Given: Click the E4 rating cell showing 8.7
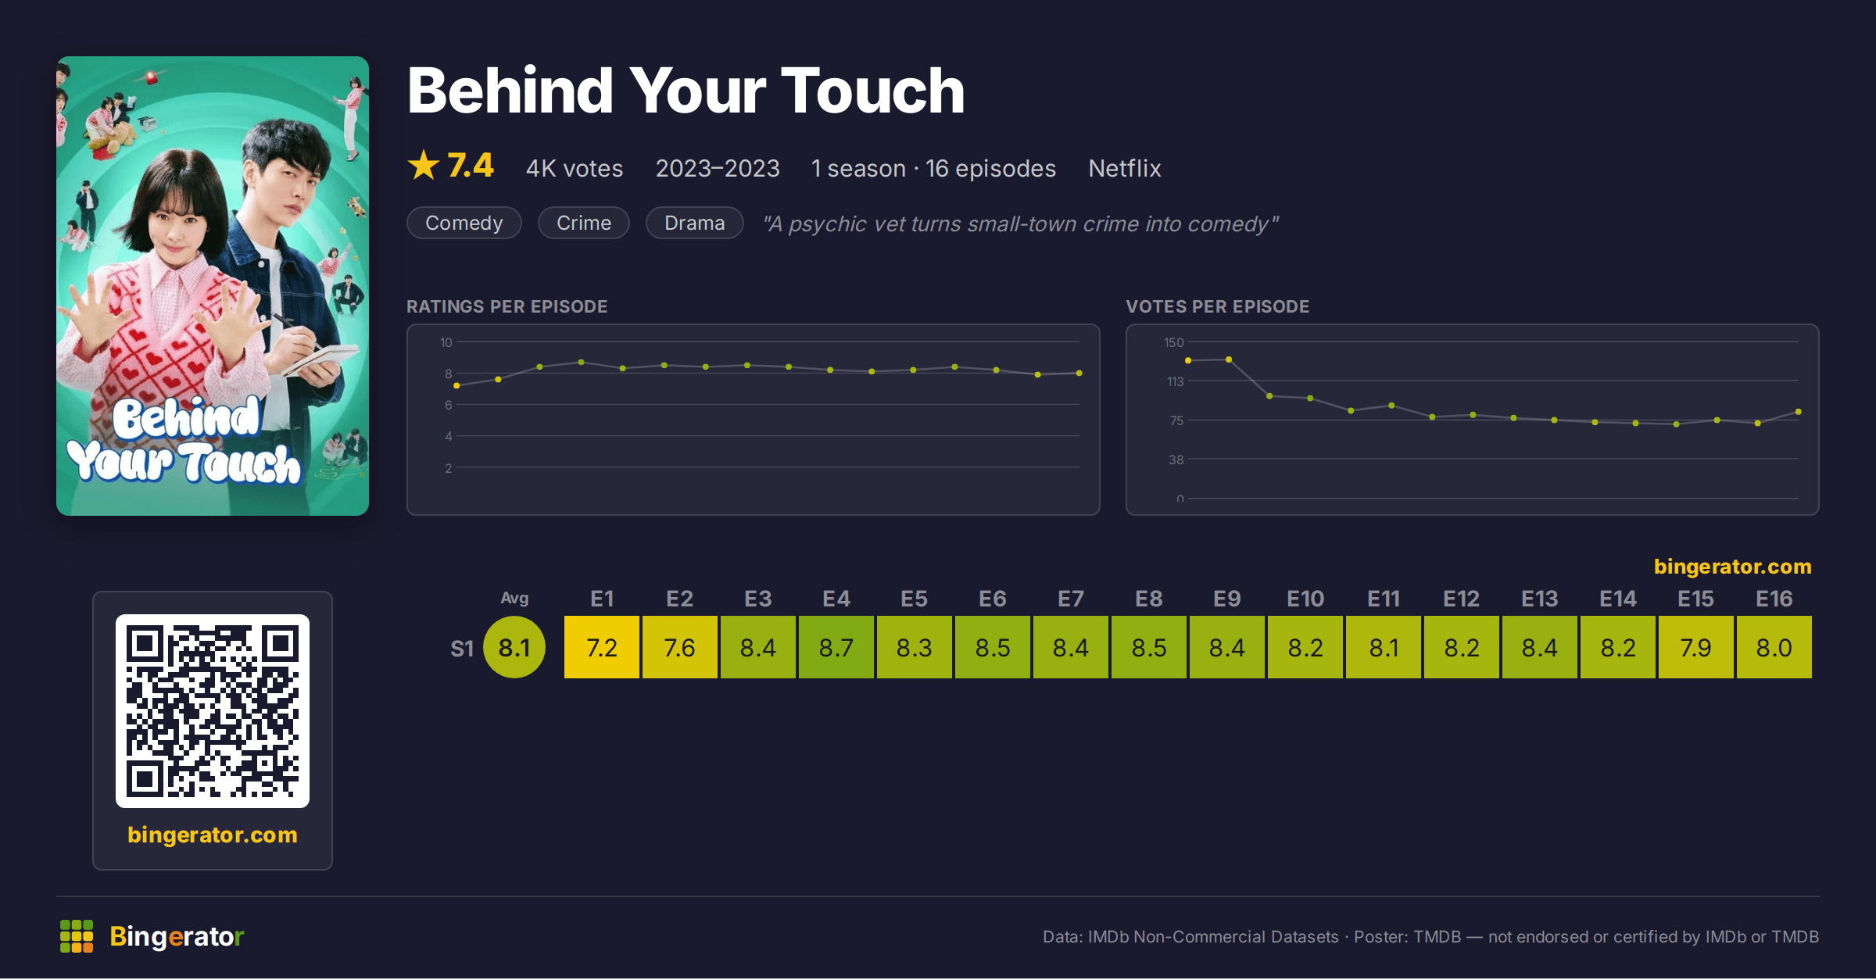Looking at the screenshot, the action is pos(836,647).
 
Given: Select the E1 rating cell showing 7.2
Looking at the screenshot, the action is pos(601,647).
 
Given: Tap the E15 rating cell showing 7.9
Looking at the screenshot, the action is pos(1695,647).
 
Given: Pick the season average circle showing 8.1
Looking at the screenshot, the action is pos(514,647).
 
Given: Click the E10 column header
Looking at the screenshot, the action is pos(1305,599).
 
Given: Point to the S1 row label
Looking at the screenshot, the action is pos(462,649).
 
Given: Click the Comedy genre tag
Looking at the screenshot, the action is pos(464,223).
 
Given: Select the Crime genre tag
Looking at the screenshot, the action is pos(584,223).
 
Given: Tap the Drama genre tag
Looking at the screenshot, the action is pos(695,223).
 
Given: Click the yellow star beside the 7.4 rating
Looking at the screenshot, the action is pos(424,165).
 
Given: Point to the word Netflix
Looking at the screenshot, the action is pos(1124,168).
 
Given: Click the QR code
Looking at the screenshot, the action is pos(213,711).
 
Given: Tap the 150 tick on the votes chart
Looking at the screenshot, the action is pos(1173,342).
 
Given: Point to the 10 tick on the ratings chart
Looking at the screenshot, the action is pos(446,342).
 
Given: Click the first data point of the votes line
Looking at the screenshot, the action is pos(1188,360).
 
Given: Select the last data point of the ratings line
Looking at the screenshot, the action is pos(1079,373).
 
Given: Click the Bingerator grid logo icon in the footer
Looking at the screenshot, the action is pos(77,936).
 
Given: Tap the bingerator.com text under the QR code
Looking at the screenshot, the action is pos(213,835).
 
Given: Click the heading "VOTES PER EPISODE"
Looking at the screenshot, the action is pos(1218,306).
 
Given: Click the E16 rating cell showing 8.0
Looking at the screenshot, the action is pos(1774,647).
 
